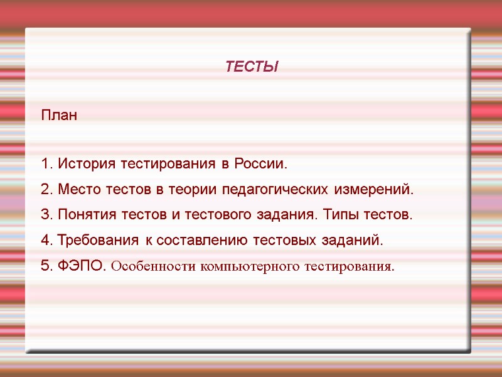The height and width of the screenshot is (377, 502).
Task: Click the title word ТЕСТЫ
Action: tap(252, 67)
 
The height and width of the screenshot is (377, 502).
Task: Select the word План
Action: tap(59, 116)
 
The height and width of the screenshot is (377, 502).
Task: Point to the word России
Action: tap(260, 165)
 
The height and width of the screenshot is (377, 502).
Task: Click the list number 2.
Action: tap(45, 190)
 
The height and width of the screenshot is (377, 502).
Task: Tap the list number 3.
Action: tap(45, 215)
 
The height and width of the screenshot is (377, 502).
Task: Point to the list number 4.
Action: tap(45, 240)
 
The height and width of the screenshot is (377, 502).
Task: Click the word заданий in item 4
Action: tap(356, 240)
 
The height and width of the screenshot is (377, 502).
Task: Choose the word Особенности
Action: tap(152, 266)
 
